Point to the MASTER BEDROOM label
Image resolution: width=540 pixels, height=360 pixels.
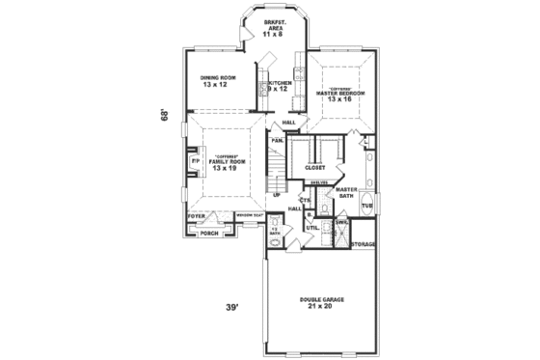340,94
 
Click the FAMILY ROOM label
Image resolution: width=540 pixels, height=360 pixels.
225,163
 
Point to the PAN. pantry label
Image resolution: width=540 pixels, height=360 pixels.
277,142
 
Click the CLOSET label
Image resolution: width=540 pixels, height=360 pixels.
315,167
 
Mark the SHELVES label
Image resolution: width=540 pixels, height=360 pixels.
320,182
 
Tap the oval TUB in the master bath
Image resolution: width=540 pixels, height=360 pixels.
367,206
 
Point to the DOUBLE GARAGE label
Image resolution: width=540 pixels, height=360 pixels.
319,303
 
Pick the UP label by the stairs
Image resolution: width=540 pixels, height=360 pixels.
278,195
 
